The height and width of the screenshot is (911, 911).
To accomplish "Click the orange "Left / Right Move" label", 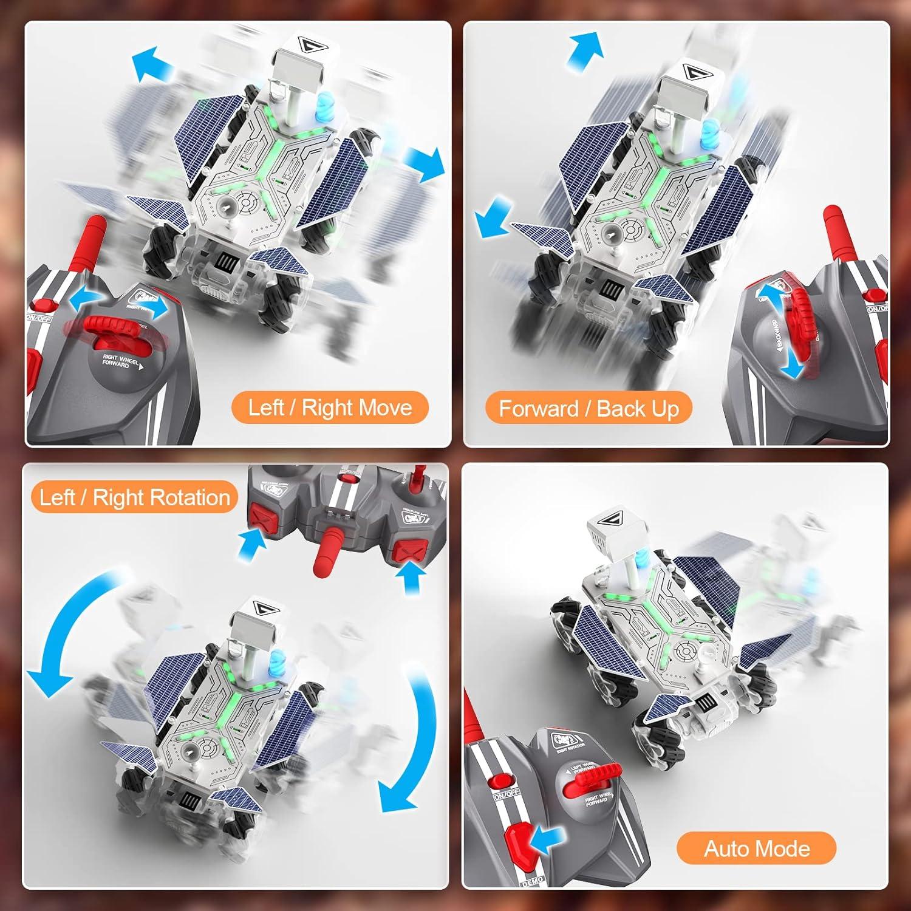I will point(330,408).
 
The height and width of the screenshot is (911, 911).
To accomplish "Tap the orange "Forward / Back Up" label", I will point(589,409).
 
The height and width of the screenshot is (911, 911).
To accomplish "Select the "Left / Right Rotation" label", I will point(134,497).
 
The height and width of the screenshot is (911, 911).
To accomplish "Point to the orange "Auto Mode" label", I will point(756,848).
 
